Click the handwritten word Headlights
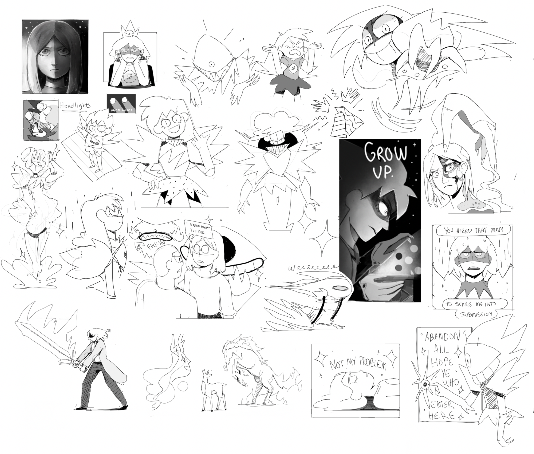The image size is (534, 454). point(75,105)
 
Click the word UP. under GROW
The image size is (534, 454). point(383,172)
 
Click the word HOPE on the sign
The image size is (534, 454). point(442,362)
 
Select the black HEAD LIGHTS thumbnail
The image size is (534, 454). point(121,103)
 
